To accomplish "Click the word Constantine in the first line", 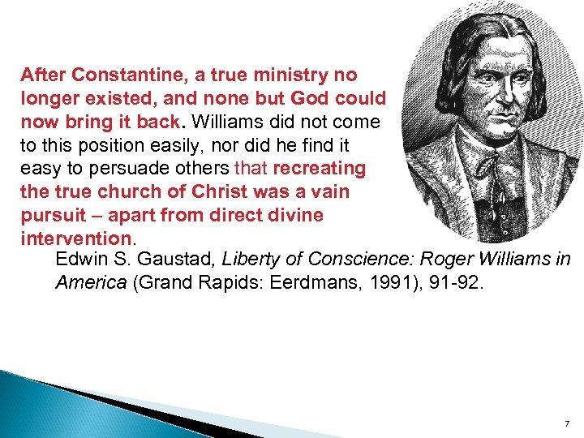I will point(122,75).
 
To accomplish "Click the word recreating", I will point(320,169).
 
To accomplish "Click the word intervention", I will point(75,239).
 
